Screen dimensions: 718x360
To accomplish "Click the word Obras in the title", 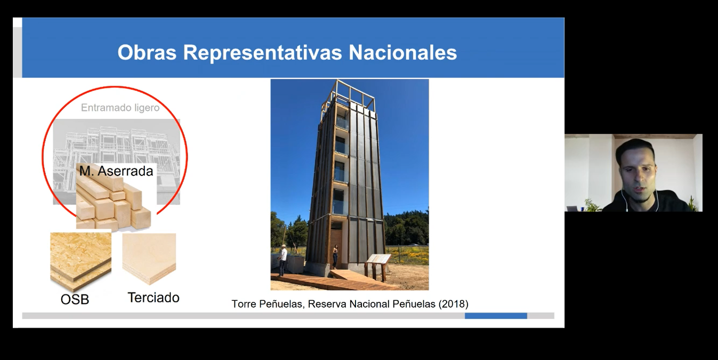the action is click(147, 52).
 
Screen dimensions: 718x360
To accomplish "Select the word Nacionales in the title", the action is click(402, 52).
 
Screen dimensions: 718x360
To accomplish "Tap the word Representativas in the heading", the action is click(262, 53).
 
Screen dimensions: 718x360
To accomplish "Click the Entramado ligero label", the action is click(120, 108).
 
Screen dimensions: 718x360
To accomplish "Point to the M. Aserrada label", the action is click(116, 171).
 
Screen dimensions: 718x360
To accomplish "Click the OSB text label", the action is click(75, 299).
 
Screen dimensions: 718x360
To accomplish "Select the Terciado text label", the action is click(154, 298).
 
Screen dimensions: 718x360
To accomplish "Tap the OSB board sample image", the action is click(81, 261).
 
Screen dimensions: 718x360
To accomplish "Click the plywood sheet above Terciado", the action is click(149, 259).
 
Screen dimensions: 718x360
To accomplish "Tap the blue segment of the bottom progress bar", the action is click(496, 316).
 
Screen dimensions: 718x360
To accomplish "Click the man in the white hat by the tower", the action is click(283, 260).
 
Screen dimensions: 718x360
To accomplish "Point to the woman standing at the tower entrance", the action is click(335, 257).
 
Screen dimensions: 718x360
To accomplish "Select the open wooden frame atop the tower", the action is click(349, 94).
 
